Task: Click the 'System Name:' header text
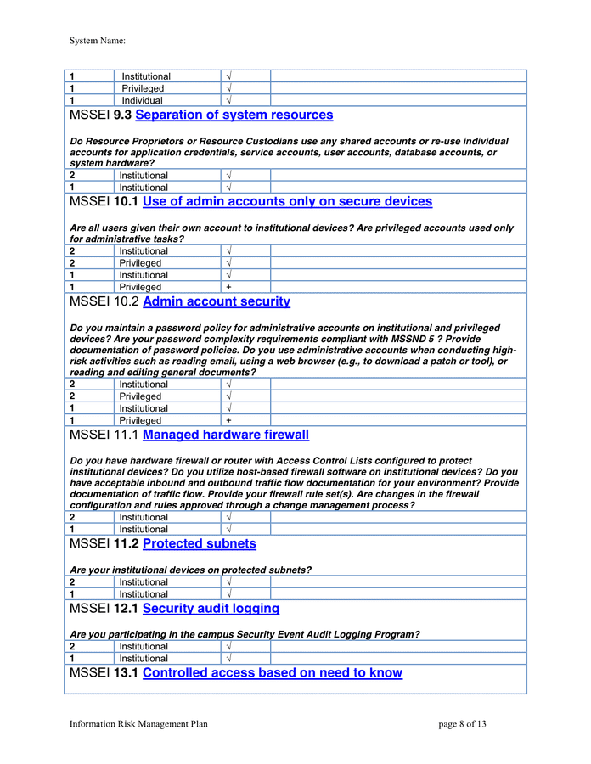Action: (x=98, y=40)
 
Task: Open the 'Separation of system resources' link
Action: (x=234, y=115)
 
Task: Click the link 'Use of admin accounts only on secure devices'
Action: (x=287, y=201)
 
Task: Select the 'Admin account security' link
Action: (x=217, y=301)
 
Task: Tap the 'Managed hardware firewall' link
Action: (x=226, y=435)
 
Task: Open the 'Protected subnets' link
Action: (x=199, y=543)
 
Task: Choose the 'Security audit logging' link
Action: (x=211, y=609)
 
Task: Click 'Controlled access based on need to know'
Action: (x=273, y=673)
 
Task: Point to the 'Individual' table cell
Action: (x=142, y=100)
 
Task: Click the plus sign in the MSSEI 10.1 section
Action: (x=228, y=287)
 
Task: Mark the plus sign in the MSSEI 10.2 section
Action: (x=228, y=420)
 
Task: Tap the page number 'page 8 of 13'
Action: (x=463, y=724)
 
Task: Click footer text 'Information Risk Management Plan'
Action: (x=138, y=724)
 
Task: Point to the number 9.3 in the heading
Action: (x=122, y=115)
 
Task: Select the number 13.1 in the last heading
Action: (x=126, y=673)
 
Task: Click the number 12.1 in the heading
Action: (x=126, y=609)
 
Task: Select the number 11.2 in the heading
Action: (x=126, y=543)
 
